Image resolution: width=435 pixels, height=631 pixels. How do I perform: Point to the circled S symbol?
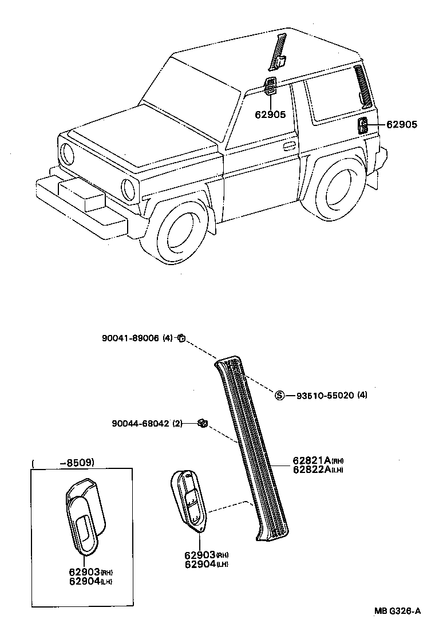(280, 395)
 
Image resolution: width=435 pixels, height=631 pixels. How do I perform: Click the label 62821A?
(310, 460)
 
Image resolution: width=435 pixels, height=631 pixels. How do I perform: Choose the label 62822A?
(310, 470)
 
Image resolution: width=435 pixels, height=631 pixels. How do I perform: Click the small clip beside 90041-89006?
(181, 338)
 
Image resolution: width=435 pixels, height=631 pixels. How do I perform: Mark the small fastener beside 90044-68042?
(203, 423)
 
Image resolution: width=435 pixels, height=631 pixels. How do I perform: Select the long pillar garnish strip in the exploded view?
(252, 447)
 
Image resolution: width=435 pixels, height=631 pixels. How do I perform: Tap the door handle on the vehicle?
(290, 145)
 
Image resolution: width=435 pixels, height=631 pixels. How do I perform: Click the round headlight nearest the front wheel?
(129, 188)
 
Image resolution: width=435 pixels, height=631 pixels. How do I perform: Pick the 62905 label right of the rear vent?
(402, 124)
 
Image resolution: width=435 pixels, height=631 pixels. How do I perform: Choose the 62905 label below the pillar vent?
(270, 115)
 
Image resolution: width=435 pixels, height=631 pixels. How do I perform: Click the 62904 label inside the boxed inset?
(84, 581)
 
